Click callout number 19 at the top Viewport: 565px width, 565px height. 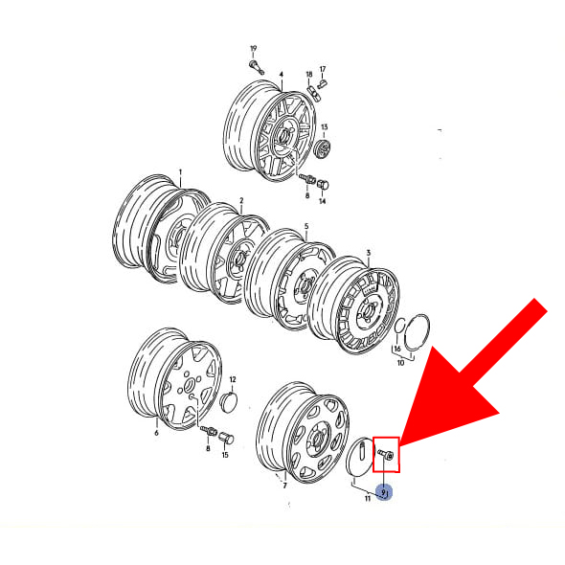click(x=254, y=48)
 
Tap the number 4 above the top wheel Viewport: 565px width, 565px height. click(x=281, y=74)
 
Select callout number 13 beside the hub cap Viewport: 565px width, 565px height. click(x=324, y=127)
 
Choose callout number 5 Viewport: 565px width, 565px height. click(x=305, y=227)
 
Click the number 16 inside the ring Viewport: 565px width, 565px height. click(x=396, y=350)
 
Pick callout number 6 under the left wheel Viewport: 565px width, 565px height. click(x=156, y=433)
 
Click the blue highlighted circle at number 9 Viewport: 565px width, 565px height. click(x=384, y=493)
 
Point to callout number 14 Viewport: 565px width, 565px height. click(x=322, y=201)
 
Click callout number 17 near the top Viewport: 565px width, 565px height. click(x=323, y=68)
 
